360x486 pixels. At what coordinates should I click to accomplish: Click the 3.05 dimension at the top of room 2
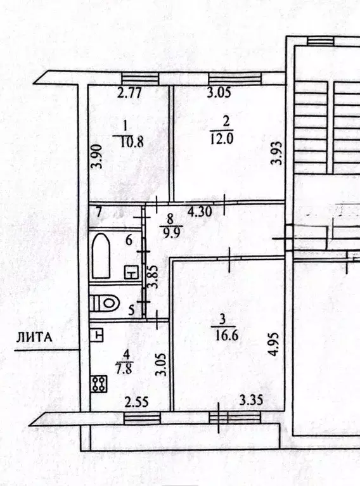(219, 93)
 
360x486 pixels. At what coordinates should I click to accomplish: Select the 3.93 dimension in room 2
(275, 153)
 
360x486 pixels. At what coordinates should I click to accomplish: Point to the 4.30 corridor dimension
(200, 212)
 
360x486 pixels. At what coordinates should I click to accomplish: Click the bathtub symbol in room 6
(100, 257)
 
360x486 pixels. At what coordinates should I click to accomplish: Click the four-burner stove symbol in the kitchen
(99, 384)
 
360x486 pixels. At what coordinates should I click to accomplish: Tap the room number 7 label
(99, 212)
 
